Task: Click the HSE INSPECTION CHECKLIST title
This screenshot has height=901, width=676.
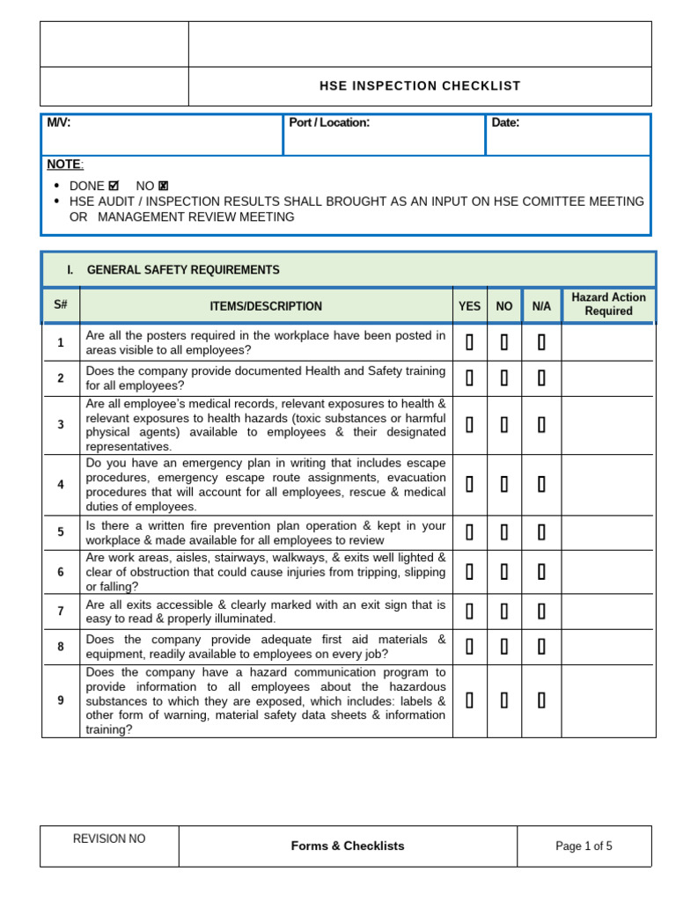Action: (x=419, y=86)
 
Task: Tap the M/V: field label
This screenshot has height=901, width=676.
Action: (x=59, y=123)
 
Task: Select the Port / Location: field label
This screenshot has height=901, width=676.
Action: (x=329, y=123)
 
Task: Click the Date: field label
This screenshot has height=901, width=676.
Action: (x=505, y=123)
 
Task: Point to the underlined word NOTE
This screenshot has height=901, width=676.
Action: (x=64, y=165)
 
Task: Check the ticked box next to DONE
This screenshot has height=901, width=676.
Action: (x=114, y=187)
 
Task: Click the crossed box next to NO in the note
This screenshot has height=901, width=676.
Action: (x=164, y=187)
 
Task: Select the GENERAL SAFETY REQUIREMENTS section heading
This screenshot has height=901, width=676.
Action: (x=183, y=270)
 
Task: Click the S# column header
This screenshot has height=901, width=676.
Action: (x=61, y=306)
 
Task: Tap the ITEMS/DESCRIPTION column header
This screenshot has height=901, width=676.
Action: (x=266, y=306)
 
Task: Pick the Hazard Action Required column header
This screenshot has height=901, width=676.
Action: (x=608, y=304)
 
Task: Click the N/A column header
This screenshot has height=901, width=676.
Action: (x=541, y=306)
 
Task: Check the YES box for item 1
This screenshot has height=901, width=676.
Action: (x=470, y=343)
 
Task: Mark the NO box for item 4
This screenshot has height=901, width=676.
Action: (x=504, y=485)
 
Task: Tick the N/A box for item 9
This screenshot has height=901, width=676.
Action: (x=541, y=700)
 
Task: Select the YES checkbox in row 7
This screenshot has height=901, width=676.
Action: (x=470, y=612)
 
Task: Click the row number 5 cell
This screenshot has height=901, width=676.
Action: (x=61, y=532)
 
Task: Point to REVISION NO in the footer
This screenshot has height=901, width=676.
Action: (x=109, y=839)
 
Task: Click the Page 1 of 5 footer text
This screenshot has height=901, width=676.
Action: (x=584, y=846)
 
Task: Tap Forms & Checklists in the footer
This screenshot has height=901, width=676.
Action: (x=348, y=846)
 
